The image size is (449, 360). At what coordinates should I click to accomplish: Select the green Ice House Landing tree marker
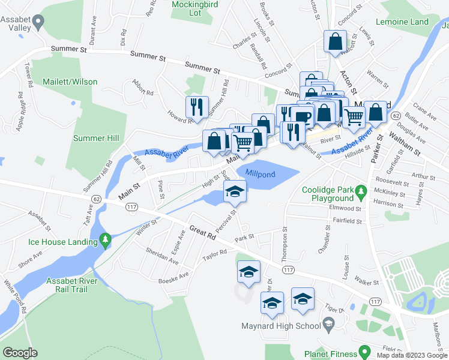coord(106,241)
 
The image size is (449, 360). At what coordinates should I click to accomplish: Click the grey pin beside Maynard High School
coord(328,326)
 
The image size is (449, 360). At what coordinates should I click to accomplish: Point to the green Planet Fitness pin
coord(363,350)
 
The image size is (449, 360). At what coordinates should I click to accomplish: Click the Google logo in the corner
coord(20,353)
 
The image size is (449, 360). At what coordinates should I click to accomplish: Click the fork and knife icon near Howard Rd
coord(196,107)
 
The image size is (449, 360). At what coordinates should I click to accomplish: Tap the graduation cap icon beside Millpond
coord(235,192)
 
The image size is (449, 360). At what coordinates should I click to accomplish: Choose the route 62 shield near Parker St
coord(396,115)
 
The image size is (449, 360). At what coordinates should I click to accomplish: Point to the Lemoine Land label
coord(402,22)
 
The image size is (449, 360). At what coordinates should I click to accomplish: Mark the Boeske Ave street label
coord(173,275)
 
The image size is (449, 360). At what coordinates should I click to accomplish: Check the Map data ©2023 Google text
coord(411,355)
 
